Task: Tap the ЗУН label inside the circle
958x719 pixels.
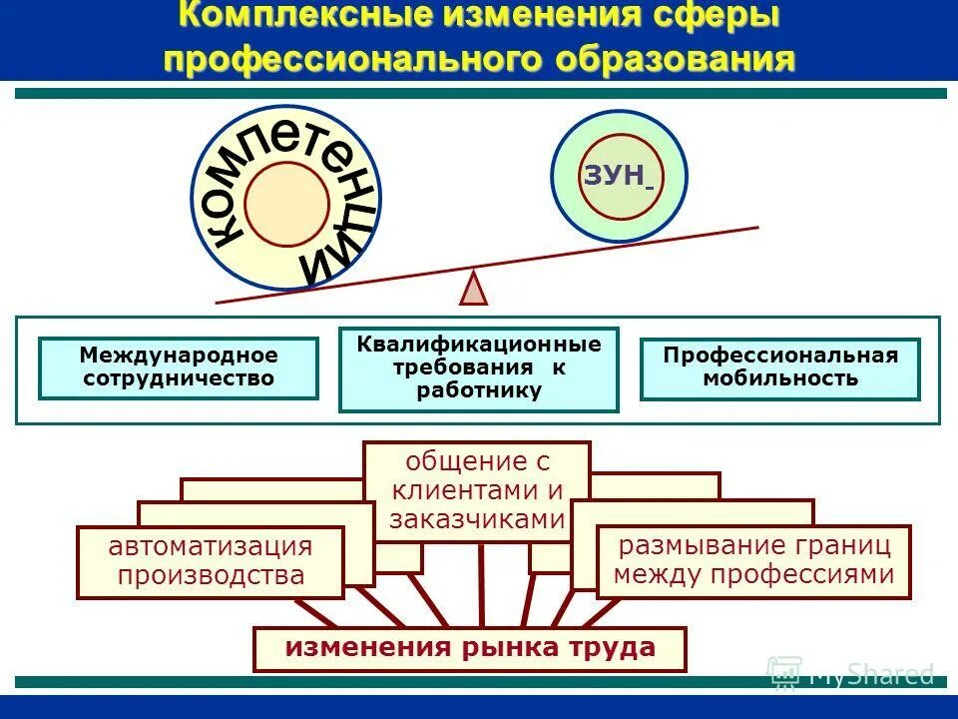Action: pyautogui.click(x=614, y=176)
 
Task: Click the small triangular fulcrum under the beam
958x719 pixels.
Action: pyautogui.click(x=474, y=288)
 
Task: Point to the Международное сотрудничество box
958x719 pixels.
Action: pyautogui.click(x=179, y=367)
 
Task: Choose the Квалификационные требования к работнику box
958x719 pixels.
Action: pyautogui.click(x=479, y=368)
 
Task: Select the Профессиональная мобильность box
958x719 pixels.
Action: pyautogui.click(x=780, y=367)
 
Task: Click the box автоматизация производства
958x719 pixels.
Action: pyautogui.click(x=210, y=561)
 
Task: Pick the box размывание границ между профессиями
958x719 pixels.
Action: pyautogui.click(x=753, y=560)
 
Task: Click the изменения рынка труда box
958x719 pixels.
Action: pyautogui.click(x=470, y=648)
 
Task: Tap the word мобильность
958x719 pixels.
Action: pyautogui.click(x=780, y=378)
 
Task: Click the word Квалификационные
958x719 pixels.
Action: pyautogui.click(x=479, y=346)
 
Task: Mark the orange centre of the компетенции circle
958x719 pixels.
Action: pyautogui.click(x=286, y=204)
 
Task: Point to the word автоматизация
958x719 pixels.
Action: pyautogui.click(x=210, y=546)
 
